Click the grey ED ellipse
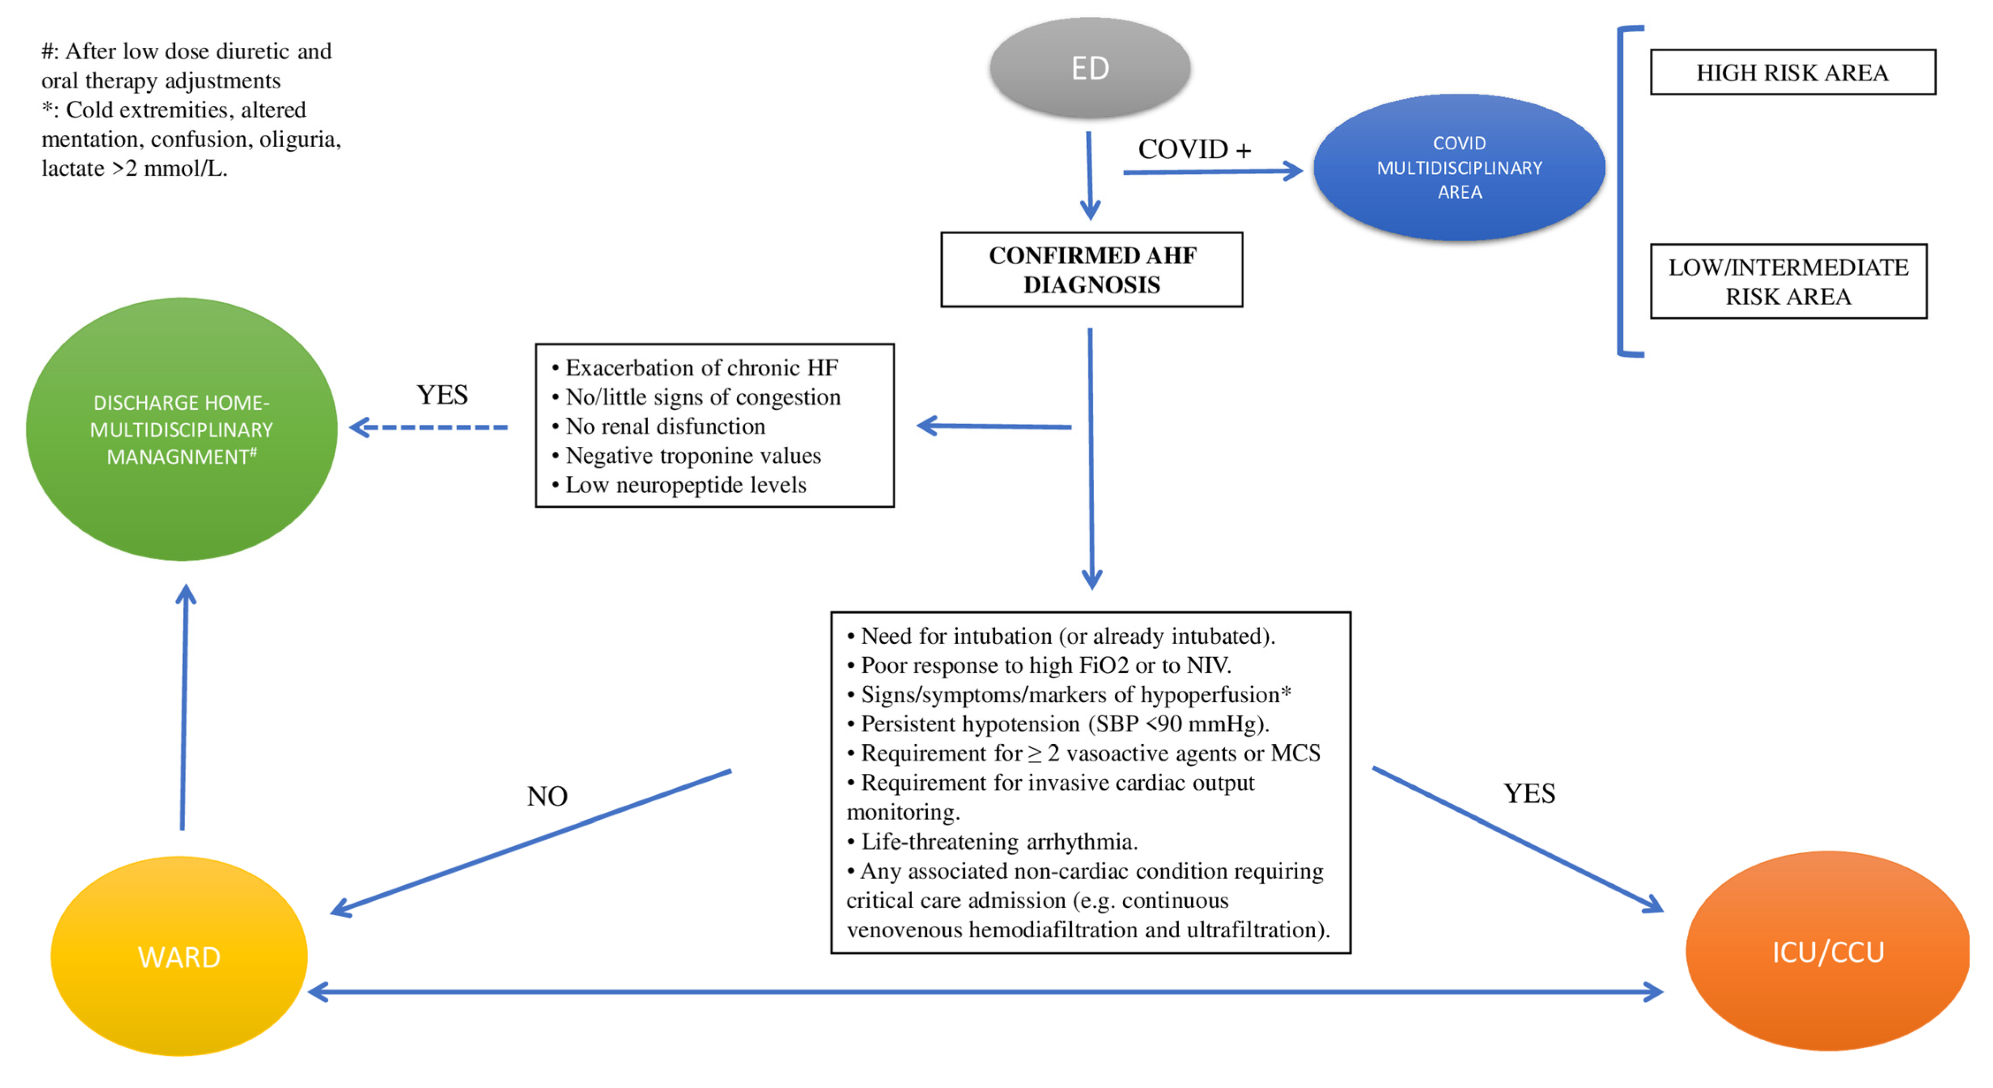1089,68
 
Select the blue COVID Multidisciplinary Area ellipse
1459,167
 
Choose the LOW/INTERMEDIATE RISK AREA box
1788,282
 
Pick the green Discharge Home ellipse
182,430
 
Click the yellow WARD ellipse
179,956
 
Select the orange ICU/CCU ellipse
1827,952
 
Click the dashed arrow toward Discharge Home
429,427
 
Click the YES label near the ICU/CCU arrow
1529,793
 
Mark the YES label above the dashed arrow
442,395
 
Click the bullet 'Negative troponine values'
693,456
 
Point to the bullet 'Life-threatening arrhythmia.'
998,841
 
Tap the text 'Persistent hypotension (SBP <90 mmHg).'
1065,723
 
